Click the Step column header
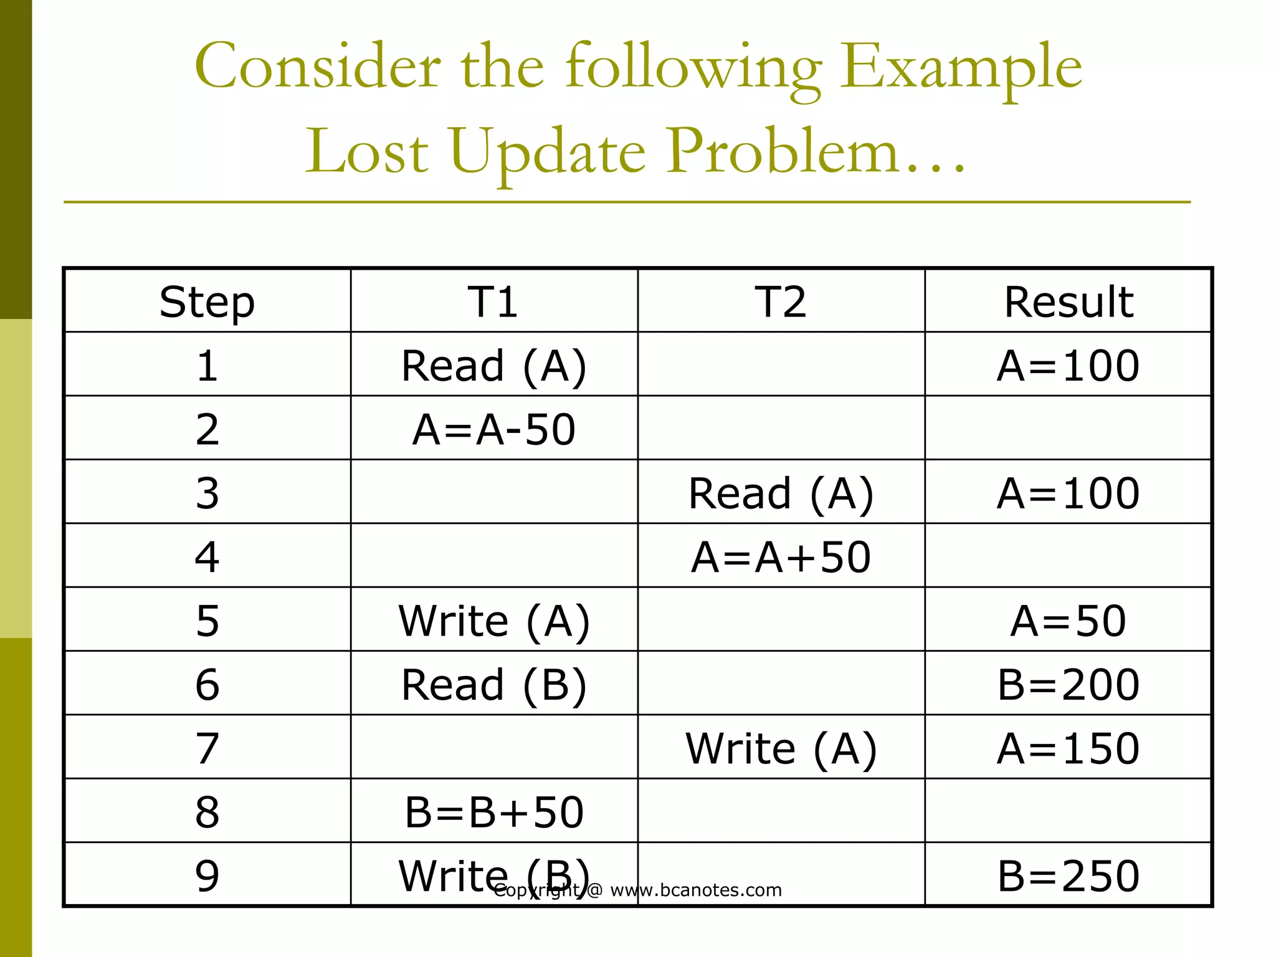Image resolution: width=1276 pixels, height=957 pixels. click(207, 302)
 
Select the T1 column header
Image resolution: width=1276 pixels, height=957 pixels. click(493, 302)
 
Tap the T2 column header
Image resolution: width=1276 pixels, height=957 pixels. click(781, 302)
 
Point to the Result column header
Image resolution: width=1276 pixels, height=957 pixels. click(1068, 302)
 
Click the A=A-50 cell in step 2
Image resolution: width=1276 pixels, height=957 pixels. click(493, 429)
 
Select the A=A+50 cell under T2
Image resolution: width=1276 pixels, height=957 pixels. click(781, 556)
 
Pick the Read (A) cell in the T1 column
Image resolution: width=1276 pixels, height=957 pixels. click(493, 366)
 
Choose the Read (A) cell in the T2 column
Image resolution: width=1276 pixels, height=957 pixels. click(781, 493)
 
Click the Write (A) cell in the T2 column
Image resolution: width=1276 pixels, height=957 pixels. click(781, 748)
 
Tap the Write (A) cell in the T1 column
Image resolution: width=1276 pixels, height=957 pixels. click(493, 621)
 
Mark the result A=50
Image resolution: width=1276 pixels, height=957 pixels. click(1068, 621)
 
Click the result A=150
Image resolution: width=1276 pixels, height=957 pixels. click(1068, 748)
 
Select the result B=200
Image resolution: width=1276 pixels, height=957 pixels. click(1068, 684)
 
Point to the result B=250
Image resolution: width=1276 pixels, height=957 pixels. click(1068, 875)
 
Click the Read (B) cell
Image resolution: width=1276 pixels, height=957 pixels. click(493, 684)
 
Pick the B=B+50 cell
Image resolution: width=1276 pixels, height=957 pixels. click(493, 812)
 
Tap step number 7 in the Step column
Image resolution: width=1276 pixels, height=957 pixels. click(207, 748)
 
